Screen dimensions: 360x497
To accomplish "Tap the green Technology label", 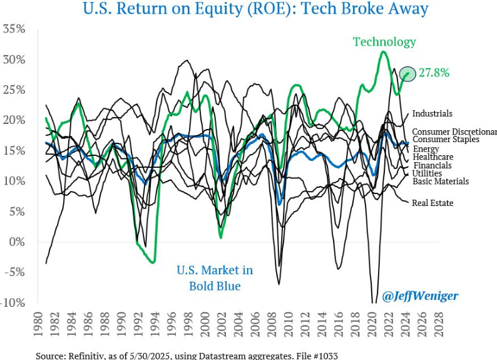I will click(384, 42).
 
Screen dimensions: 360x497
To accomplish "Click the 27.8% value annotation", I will click(434, 73).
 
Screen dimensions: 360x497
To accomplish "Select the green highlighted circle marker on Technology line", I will click(408, 74).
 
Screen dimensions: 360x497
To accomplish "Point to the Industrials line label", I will click(432, 114).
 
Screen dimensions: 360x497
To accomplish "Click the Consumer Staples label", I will click(446, 139).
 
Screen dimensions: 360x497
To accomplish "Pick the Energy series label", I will click(426, 148).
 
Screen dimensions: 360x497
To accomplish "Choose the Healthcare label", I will click(433, 157).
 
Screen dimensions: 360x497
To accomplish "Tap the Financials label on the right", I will click(433, 165).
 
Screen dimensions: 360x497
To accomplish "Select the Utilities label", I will click(427, 173).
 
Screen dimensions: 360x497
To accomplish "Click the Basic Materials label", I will click(440, 182).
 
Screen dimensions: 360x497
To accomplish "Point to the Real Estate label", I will click(433, 203).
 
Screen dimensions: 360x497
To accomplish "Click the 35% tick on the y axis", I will click(14, 29).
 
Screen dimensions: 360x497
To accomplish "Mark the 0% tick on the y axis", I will click(17, 242).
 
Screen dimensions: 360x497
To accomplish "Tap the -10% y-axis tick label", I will click(13, 302).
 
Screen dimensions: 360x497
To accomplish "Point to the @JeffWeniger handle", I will click(420, 295).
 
